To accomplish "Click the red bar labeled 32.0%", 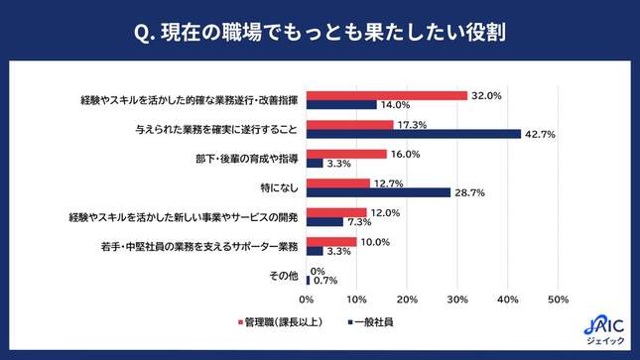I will click(x=387, y=96).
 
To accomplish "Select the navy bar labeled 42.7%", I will click(x=414, y=134).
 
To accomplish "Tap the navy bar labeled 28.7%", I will click(x=378, y=192).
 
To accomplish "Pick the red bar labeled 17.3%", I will click(x=350, y=125).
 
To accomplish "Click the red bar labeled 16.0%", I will click(x=346, y=154).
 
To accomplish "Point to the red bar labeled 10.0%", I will click(x=331, y=241).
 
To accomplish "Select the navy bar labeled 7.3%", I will click(x=324, y=221).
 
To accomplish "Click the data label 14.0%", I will click(x=396, y=105).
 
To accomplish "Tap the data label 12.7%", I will click(x=385, y=182).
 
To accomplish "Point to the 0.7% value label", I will click(x=325, y=280).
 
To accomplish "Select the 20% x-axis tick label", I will click(x=407, y=300).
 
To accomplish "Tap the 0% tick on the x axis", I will click(x=307, y=300).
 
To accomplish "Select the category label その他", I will click(x=284, y=275).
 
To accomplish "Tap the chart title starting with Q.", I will click(x=320, y=33).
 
